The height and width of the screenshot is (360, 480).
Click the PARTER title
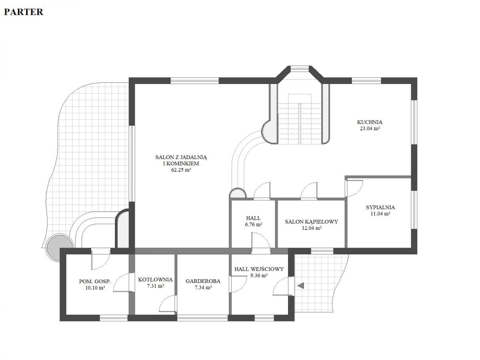pyautogui.click(x=24, y=12)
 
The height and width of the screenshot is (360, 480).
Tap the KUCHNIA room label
pyautogui.click(x=370, y=122)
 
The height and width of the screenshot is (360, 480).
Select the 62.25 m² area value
pyautogui.click(x=181, y=170)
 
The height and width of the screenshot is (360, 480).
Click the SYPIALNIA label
pyautogui.click(x=380, y=207)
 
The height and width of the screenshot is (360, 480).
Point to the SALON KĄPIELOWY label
pyautogui.click(x=311, y=222)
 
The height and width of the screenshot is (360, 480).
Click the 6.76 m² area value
pyautogui.click(x=254, y=224)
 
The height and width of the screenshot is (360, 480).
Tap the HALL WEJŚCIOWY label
pyautogui.click(x=259, y=269)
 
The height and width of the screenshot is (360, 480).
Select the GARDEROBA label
pyautogui.click(x=203, y=281)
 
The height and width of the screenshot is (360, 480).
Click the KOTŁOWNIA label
pyautogui.click(x=155, y=280)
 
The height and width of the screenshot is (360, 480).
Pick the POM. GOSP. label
pyautogui.click(x=95, y=282)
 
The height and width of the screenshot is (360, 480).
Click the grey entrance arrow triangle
pyautogui.click(x=301, y=286)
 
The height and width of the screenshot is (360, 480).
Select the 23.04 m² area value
pyautogui.click(x=370, y=128)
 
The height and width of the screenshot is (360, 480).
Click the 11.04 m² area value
pyautogui.click(x=380, y=214)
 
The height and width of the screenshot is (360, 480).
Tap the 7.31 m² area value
pyautogui.click(x=156, y=286)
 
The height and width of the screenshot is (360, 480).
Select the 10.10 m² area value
pyautogui.click(x=95, y=288)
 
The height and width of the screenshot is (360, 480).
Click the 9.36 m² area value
pyautogui.click(x=259, y=276)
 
